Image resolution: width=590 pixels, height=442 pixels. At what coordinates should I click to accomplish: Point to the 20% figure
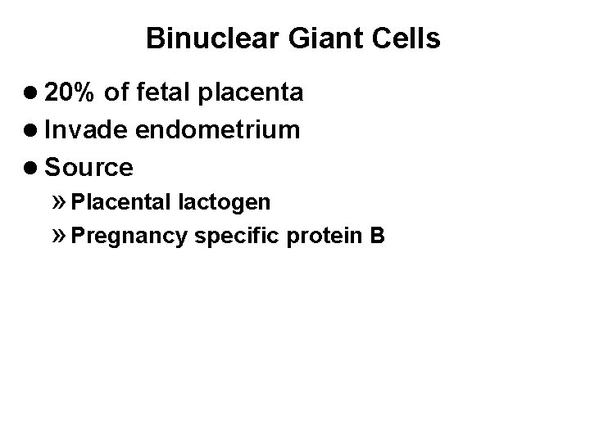click(x=73, y=92)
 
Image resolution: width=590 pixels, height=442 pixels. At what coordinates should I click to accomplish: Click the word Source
click(x=89, y=168)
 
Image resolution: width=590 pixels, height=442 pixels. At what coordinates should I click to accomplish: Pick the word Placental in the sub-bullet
click(x=120, y=201)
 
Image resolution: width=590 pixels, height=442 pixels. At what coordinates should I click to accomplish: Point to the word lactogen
click(x=222, y=201)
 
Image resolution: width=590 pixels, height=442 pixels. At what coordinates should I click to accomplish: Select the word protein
click(x=317, y=237)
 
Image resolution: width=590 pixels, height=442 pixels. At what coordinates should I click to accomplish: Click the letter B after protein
click(x=377, y=237)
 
